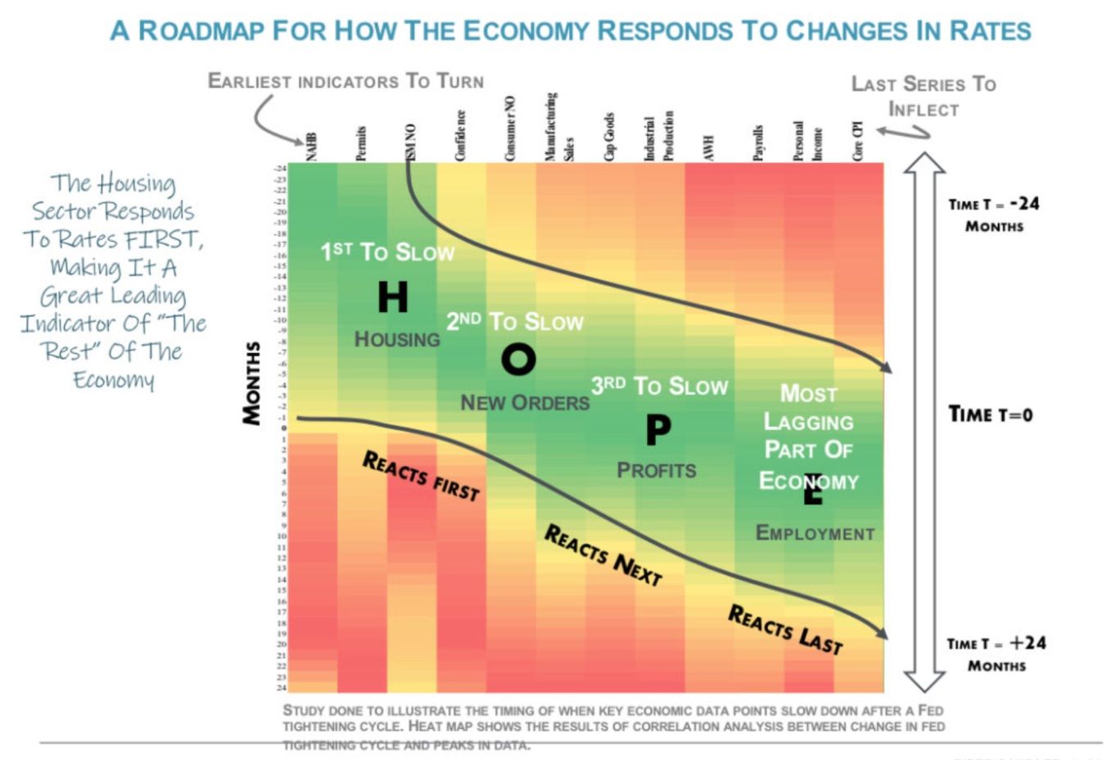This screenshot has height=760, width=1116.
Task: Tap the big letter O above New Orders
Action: coord(518,359)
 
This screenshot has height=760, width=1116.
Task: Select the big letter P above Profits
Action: coord(658,429)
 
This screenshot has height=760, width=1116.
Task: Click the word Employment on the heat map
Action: coord(815,533)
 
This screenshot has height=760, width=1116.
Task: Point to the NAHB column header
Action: coord(311,147)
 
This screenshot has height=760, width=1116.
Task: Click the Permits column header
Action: coord(361,143)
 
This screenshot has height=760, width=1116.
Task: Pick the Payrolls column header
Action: coord(758,142)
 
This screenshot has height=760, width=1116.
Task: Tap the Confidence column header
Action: coord(460,136)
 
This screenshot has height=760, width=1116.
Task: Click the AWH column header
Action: coord(709,147)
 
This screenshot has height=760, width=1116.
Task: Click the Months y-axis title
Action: coord(251,382)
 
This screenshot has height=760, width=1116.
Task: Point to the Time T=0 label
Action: coord(990,414)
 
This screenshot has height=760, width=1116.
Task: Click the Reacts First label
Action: coord(421,476)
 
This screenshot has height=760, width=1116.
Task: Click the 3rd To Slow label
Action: coord(659,386)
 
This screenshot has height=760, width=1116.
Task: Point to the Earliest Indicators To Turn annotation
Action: coord(346,81)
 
